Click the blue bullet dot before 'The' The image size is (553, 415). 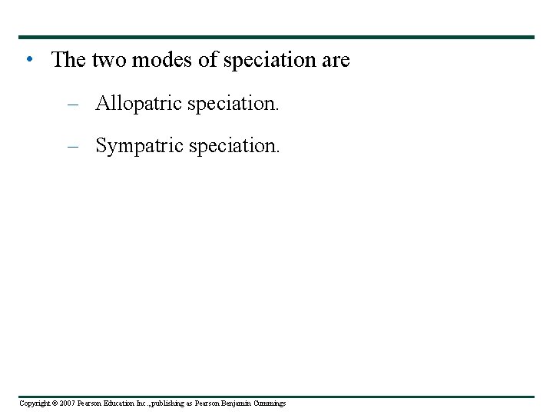(28, 59)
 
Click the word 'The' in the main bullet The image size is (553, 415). (68, 60)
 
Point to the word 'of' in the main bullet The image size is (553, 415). (208, 60)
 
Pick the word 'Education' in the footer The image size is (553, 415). (109, 403)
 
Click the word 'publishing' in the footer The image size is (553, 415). (160, 403)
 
